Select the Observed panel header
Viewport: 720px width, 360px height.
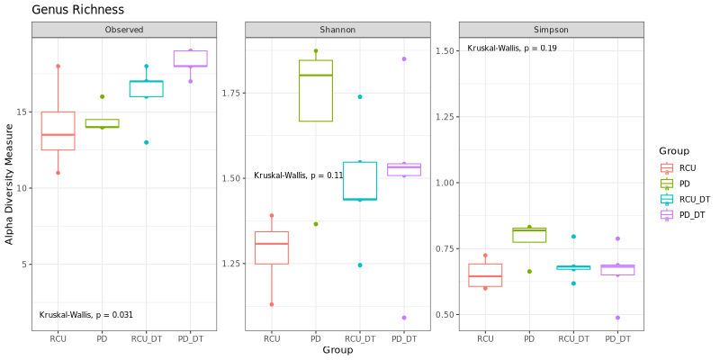pyautogui.click(x=123, y=30)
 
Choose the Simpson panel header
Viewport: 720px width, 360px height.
pyautogui.click(x=551, y=30)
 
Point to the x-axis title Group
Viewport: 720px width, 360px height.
pyautogui.click(x=337, y=349)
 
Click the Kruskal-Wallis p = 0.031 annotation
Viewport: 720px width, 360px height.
pyautogui.click(x=86, y=314)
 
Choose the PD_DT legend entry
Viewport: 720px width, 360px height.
pyautogui.click(x=691, y=214)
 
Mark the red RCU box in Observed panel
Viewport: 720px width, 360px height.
pyautogui.click(x=58, y=130)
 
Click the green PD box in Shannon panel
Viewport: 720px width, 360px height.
pyautogui.click(x=316, y=90)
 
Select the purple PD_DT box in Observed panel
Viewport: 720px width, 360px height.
pyautogui.click(x=190, y=58)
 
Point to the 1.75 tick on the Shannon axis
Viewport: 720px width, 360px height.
pyautogui.click(x=233, y=92)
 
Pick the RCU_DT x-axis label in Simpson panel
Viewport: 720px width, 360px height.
pyautogui.click(x=573, y=338)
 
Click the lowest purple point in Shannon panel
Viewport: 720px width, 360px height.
pyautogui.click(x=403, y=318)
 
